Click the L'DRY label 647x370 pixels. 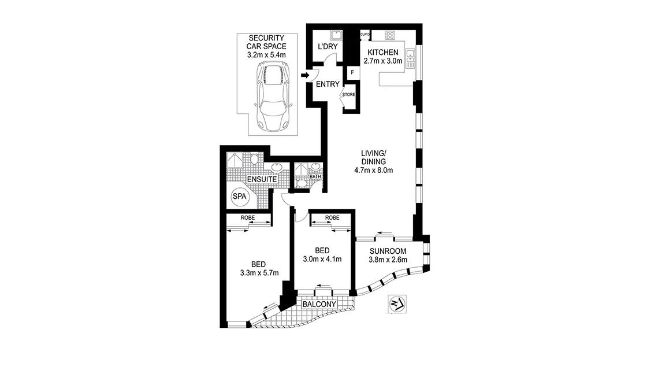328,47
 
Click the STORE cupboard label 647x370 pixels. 348,94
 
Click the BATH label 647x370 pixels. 315,177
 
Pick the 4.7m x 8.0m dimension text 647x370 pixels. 374,171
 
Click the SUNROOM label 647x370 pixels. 388,251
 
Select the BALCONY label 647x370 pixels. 320,304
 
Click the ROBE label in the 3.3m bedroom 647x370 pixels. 248,218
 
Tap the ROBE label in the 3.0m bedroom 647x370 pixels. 332,218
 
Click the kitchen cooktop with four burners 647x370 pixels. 390,35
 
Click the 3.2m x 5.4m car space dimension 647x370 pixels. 267,54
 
